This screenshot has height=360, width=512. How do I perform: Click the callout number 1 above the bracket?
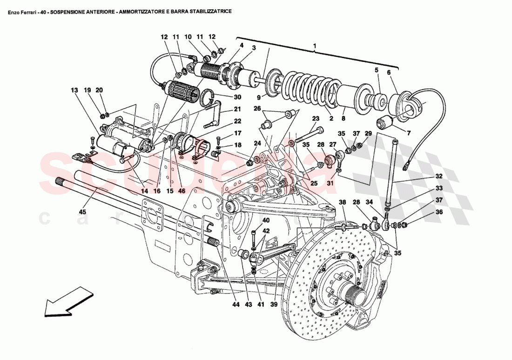pos(315,46)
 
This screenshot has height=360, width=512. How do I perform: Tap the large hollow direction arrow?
pos(67,302)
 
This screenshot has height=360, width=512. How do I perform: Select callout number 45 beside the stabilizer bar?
pos(83,212)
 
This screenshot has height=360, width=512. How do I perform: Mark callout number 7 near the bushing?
pos(409,133)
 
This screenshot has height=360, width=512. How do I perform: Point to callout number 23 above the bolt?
pos(316,118)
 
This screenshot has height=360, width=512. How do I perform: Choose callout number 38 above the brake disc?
pos(343,203)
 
